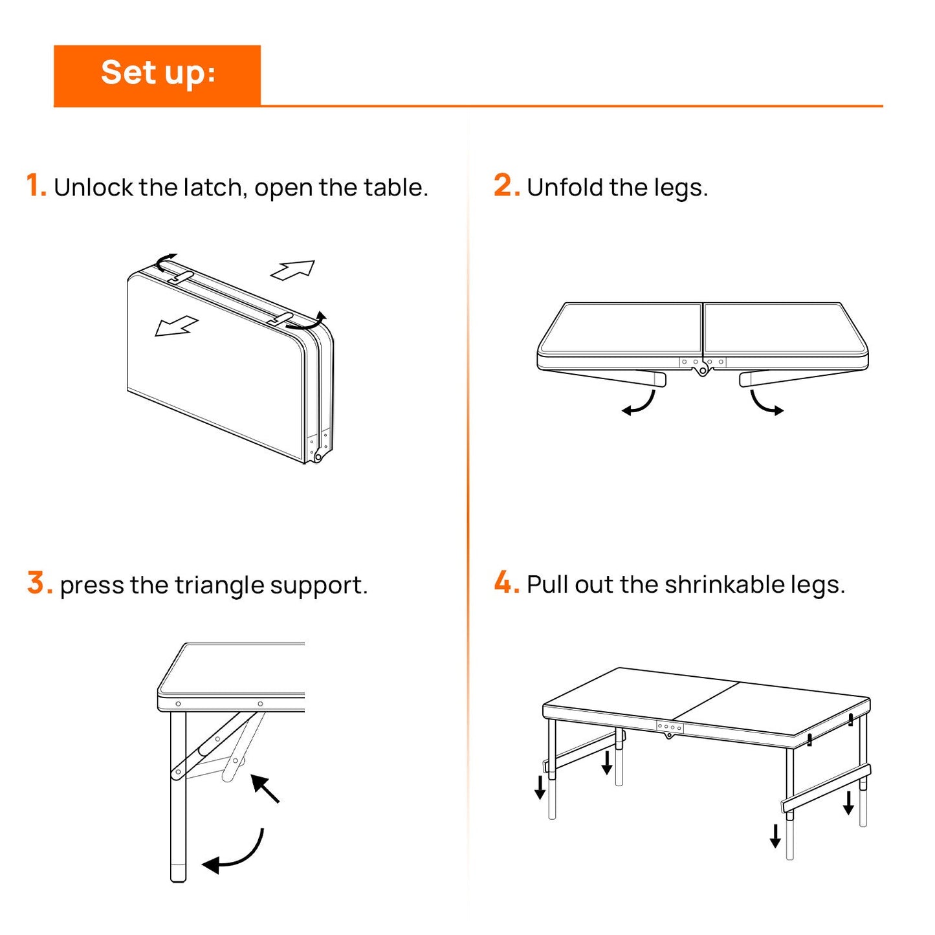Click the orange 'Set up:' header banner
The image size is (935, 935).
(x=157, y=74)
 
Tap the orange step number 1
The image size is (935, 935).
(x=36, y=186)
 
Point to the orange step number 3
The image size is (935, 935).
(x=39, y=583)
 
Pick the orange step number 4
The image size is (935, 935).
(x=506, y=583)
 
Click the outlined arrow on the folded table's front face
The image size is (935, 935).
(x=176, y=326)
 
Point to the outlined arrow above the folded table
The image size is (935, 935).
(x=293, y=269)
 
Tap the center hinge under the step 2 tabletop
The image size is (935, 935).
(x=702, y=370)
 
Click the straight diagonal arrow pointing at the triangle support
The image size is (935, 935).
(x=265, y=788)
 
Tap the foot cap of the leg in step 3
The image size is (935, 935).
(x=178, y=872)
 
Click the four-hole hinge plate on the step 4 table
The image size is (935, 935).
(x=670, y=727)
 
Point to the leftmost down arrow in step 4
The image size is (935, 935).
(x=540, y=787)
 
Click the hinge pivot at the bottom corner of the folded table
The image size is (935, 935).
(x=318, y=457)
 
